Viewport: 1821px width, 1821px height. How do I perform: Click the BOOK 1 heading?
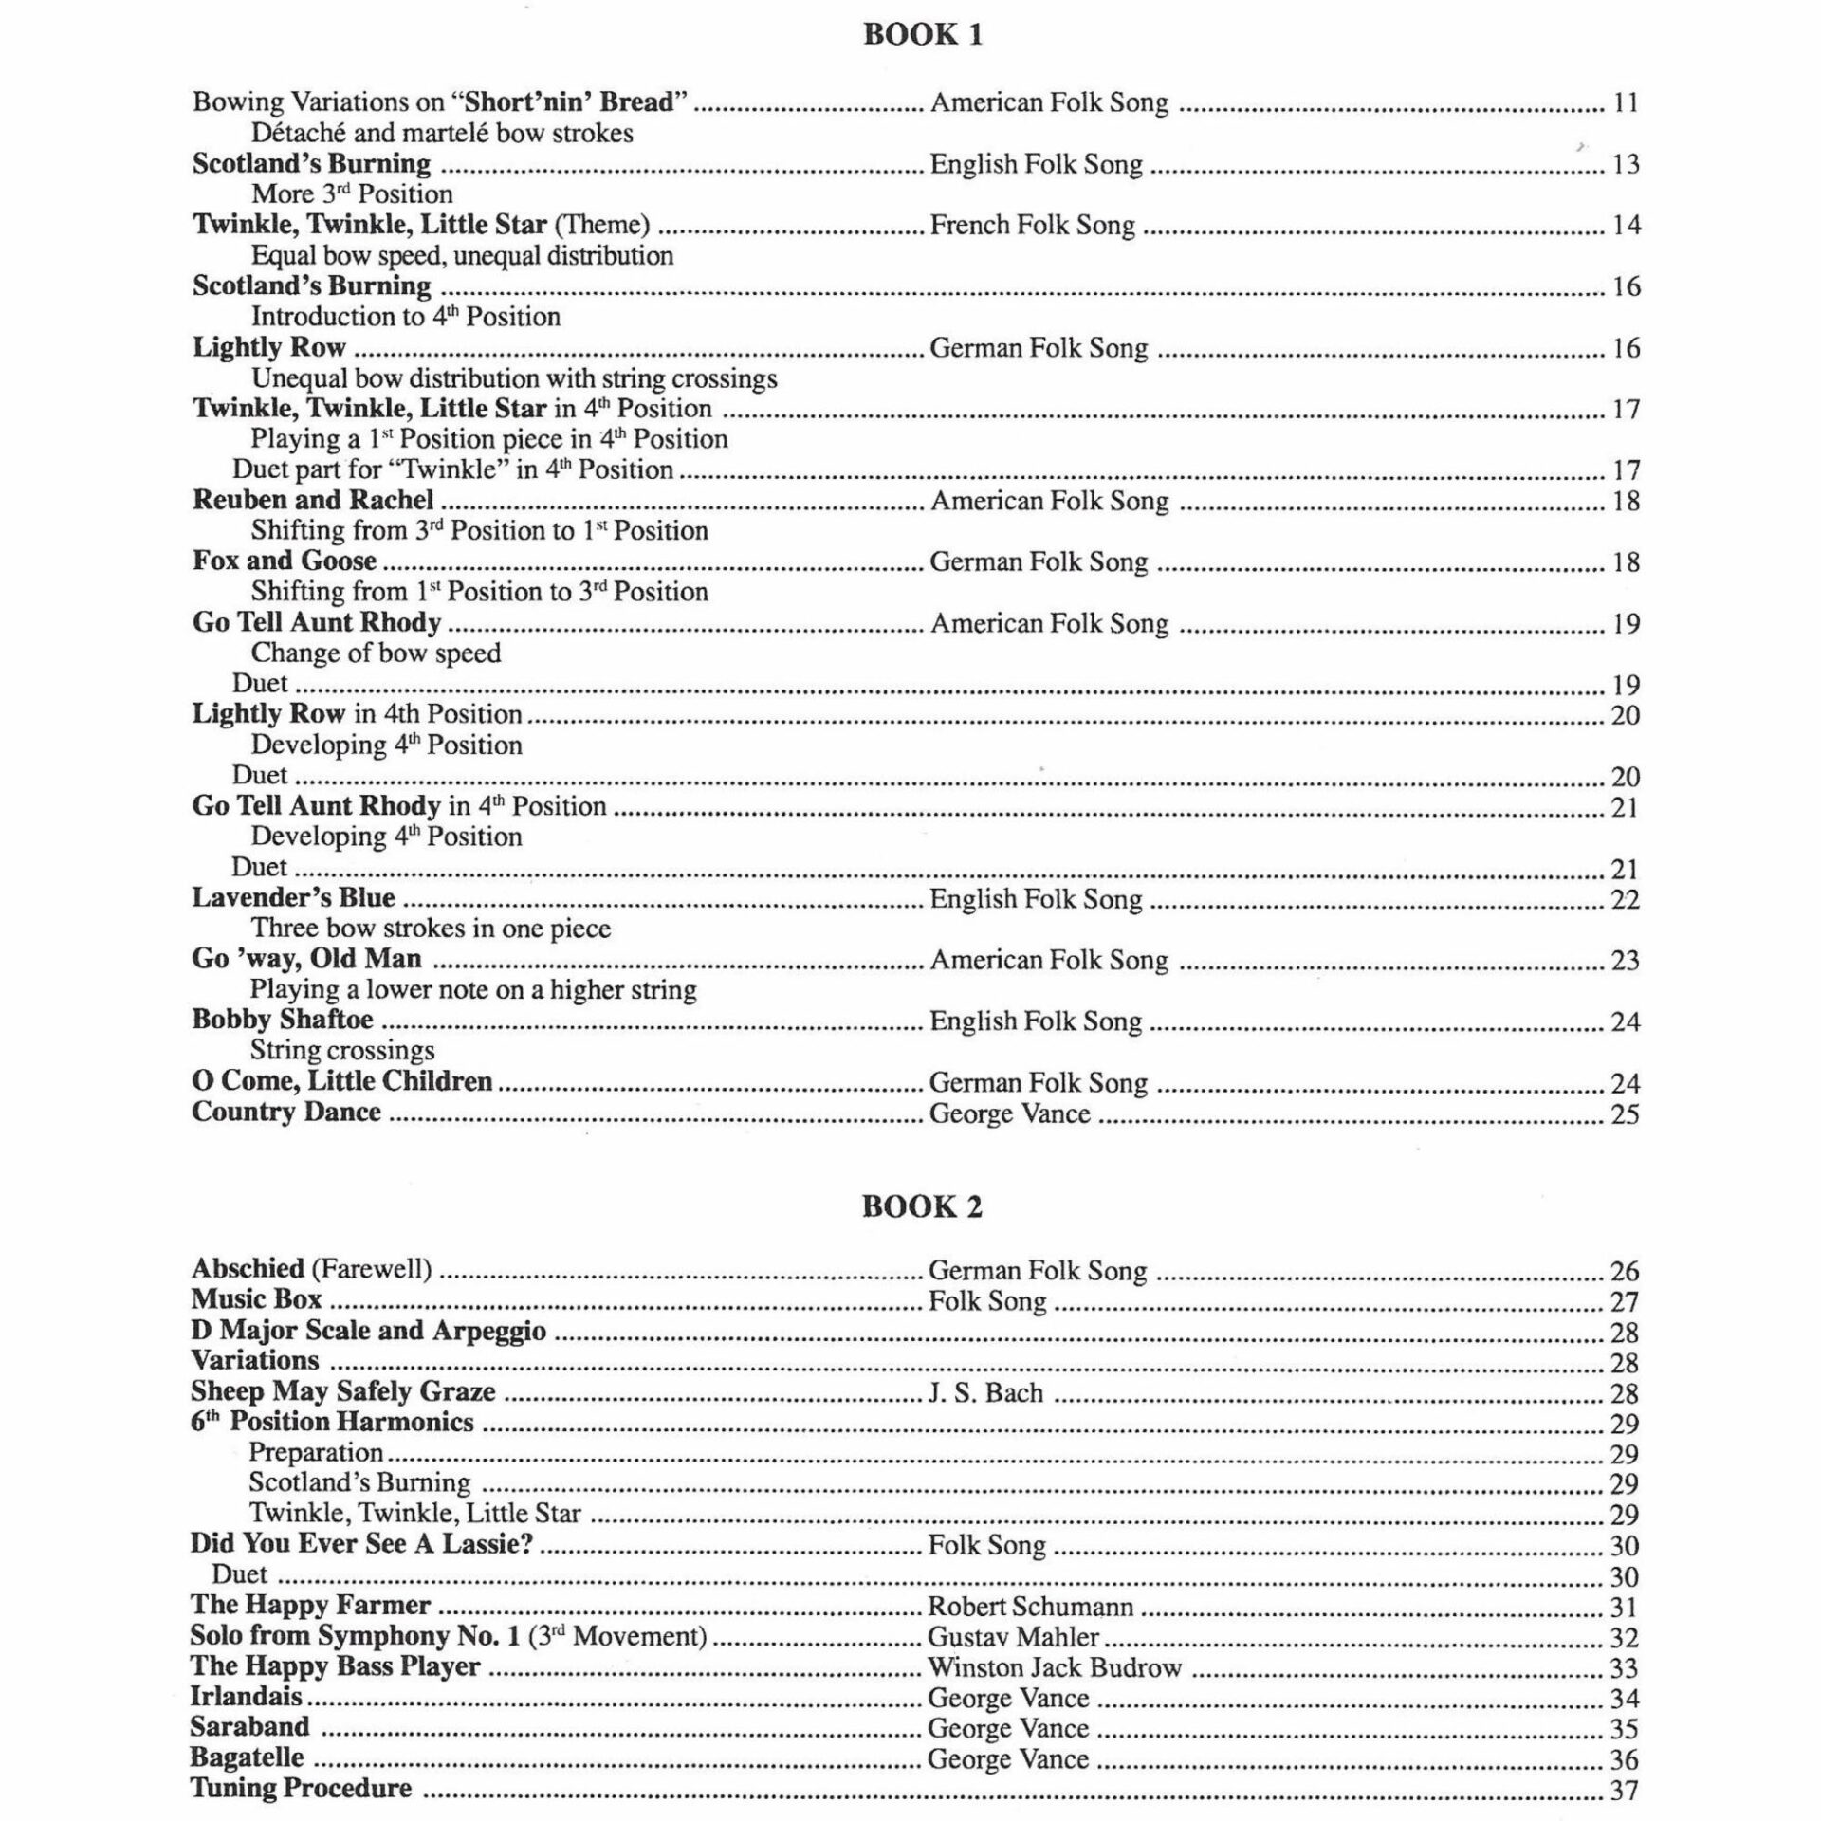coord(922,35)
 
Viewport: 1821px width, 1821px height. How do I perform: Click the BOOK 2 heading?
coord(922,1206)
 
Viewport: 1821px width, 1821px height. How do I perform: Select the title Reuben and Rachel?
coord(313,500)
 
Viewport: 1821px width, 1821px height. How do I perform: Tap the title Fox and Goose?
coord(285,561)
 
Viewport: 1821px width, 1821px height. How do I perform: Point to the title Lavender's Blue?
coord(293,897)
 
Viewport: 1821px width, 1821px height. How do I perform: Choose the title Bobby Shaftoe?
coord(283,1020)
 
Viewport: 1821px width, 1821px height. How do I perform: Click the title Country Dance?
coord(286,1112)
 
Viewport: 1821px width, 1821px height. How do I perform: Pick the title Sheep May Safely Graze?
coord(342,1391)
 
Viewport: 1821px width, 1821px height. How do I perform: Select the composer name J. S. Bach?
coord(985,1392)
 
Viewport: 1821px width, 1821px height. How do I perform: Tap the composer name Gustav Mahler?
coord(1013,1637)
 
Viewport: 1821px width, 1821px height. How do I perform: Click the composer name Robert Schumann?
coord(1030,1607)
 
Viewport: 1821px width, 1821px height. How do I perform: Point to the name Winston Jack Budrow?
coord(1054,1667)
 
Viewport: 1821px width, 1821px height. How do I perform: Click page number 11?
coord(1626,102)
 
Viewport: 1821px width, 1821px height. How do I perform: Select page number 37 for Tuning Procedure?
coord(1624,1790)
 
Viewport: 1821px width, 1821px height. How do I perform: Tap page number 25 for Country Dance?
coord(1625,1113)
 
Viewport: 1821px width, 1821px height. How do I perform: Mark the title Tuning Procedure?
coord(301,1789)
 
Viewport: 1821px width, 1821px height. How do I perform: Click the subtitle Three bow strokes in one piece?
coord(431,928)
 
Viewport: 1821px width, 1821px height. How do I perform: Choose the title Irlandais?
coord(246,1697)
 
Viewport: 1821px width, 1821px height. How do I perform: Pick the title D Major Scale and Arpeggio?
coord(368,1330)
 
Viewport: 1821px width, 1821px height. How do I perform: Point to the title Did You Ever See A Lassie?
coord(361,1544)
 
